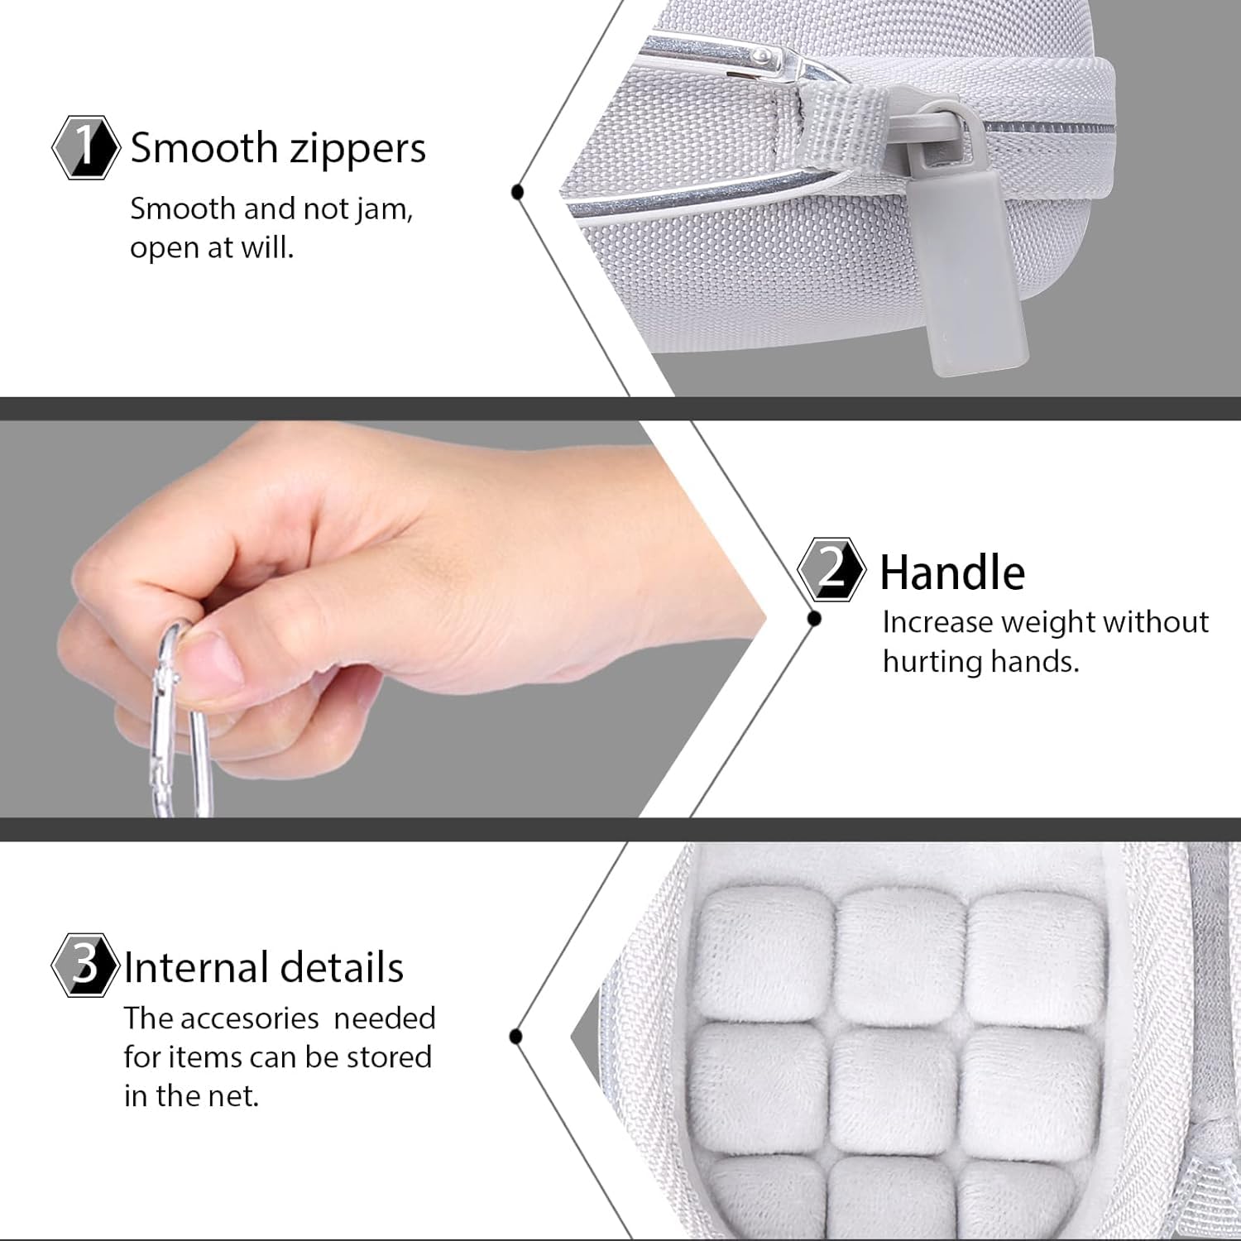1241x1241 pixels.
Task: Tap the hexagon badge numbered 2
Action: click(832, 569)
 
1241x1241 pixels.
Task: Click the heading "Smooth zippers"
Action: click(278, 149)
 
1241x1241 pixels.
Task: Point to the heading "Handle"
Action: click(952, 573)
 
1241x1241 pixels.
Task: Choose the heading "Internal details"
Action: click(264, 967)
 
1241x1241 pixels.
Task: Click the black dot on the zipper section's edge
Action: click(518, 193)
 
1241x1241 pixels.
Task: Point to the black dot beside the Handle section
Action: click(814, 618)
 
